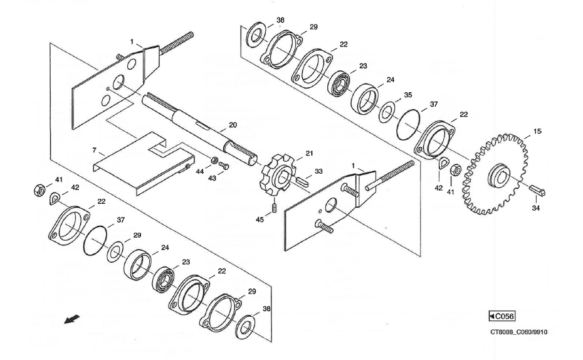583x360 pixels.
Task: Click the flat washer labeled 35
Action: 387,112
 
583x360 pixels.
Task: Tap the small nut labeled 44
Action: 214,161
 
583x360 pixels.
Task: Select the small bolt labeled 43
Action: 225,166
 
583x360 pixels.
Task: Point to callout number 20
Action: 233,125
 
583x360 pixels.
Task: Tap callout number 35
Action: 407,95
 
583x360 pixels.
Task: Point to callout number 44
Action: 199,171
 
